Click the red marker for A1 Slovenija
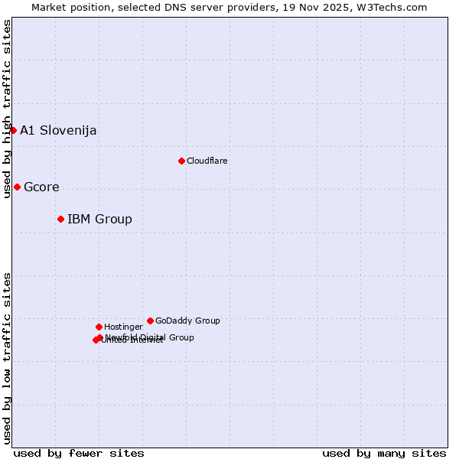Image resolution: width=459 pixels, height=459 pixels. [x=13, y=130]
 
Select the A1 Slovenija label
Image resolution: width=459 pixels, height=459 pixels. [x=58, y=130]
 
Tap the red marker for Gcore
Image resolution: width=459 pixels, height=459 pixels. [x=17, y=187]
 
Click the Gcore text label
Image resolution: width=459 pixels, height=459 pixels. [x=41, y=187]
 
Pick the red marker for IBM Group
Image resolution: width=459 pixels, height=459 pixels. [x=60, y=219]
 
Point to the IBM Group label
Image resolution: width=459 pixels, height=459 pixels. [x=99, y=220]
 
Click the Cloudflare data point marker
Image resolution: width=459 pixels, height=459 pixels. [x=181, y=161]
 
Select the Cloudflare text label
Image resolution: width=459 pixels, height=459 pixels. [x=207, y=161]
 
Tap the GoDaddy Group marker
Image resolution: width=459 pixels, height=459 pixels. [x=150, y=321]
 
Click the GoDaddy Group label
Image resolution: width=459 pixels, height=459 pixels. [x=187, y=321]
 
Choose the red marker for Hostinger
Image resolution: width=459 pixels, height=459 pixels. [x=99, y=327]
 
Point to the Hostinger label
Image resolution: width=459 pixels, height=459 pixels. [x=123, y=327]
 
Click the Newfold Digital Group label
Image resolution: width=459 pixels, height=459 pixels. [x=150, y=337]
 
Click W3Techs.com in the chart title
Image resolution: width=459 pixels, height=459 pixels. [x=390, y=7]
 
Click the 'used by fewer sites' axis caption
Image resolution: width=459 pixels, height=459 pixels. [x=79, y=453]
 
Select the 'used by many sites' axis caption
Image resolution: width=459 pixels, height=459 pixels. [x=384, y=453]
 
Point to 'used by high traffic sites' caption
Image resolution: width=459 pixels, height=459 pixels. [x=7, y=109]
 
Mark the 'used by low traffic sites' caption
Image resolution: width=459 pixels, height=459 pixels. [x=7, y=358]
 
